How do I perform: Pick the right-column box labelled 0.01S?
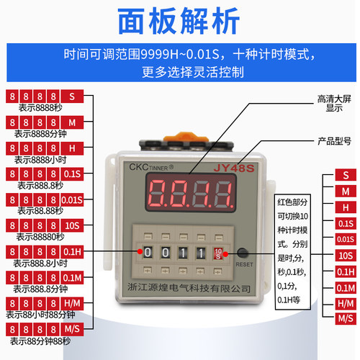click(346, 239)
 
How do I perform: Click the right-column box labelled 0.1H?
click(346, 271)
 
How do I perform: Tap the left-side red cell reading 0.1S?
click(73, 174)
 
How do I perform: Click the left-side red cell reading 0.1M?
click(73, 277)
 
